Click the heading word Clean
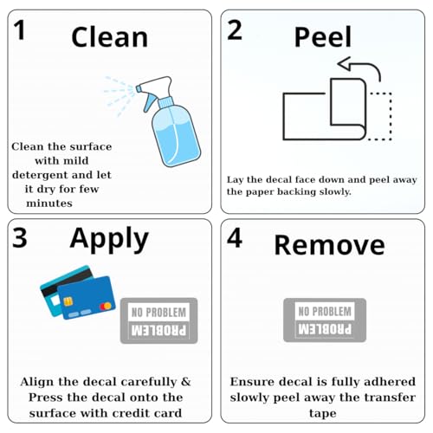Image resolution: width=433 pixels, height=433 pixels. tap(110, 37)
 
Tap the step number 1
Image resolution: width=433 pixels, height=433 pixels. tap(20, 30)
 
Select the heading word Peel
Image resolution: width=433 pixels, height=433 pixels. tap(323, 36)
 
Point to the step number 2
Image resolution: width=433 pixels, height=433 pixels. tap(235, 30)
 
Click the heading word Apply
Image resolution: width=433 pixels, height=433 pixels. tap(109, 240)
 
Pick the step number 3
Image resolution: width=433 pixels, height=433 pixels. tap(20, 238)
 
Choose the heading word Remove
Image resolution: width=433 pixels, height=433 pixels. tap(329, 245)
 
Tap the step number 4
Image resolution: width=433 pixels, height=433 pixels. tap(235, 238)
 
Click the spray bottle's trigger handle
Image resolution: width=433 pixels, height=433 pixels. tap(150, 102)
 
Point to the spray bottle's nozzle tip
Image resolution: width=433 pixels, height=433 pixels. tap(139, 88)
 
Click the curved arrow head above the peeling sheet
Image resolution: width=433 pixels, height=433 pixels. tap(345, 64)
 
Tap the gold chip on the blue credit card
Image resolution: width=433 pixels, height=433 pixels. tap(68, 301)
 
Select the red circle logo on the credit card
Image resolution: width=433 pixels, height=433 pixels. tap(106, 306)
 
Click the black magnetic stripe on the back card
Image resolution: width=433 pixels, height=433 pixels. tap(67, 281)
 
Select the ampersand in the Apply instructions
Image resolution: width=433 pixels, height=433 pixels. tap(186, 382)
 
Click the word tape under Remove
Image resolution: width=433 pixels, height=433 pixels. tap(323, 413)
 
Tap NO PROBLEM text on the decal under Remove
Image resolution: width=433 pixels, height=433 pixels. tap(325, 312)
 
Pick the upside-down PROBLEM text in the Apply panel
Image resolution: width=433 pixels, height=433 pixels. tap(158, 331)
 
